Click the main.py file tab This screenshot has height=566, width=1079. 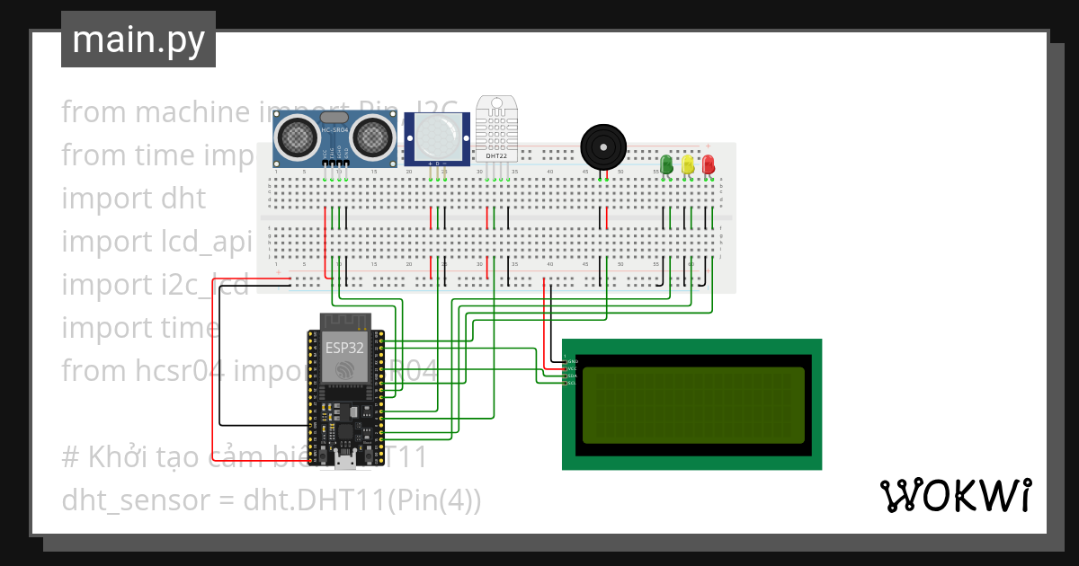[138, 40]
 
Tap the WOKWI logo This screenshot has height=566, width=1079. [954, 496]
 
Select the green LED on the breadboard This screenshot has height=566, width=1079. [666, 164]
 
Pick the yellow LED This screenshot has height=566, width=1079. [688, 164]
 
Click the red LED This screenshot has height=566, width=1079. [709, 164]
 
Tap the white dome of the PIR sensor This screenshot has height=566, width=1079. [437, 135]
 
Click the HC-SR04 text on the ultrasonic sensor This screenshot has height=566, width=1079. [334, 131]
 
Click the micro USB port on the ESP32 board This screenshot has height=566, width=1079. [343, 461]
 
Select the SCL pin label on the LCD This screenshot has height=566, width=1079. [571, 383]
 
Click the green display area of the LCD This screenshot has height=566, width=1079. [692, 404]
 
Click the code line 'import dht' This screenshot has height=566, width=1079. [133, 198]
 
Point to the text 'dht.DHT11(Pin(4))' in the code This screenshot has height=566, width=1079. [362, 500]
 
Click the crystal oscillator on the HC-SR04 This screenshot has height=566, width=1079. [334, 117]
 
